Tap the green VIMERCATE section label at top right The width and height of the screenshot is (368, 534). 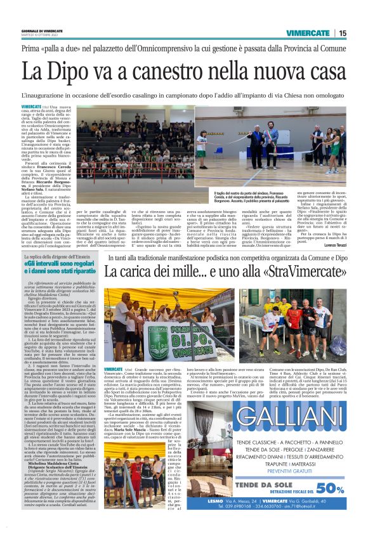coord(308,33)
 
